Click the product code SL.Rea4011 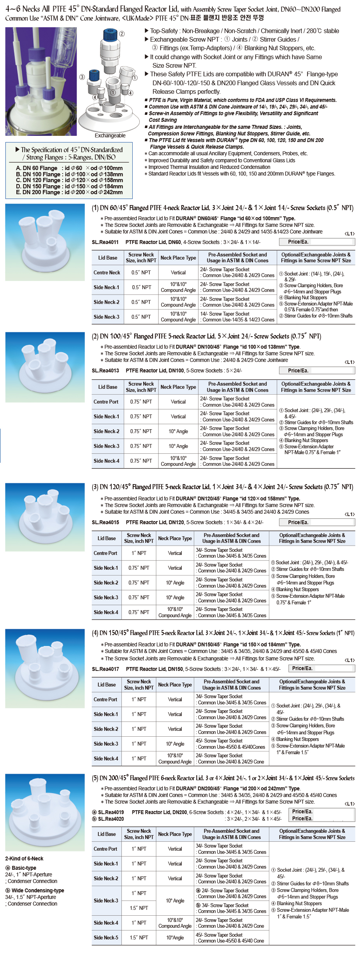105,242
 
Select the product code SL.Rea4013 105,370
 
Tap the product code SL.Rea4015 105,522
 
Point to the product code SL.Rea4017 105,669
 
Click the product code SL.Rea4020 111,819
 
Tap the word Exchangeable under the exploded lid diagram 110,135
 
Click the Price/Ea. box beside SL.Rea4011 316,242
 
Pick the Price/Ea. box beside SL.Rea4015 316,522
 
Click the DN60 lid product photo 45,242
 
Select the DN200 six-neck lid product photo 45,813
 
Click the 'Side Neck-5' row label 106,937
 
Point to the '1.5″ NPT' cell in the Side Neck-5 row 139,937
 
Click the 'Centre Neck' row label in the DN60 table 107,272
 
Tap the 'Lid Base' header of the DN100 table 107,387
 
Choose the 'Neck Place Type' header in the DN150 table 175,685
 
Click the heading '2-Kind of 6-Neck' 24,858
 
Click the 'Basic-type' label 24,868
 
